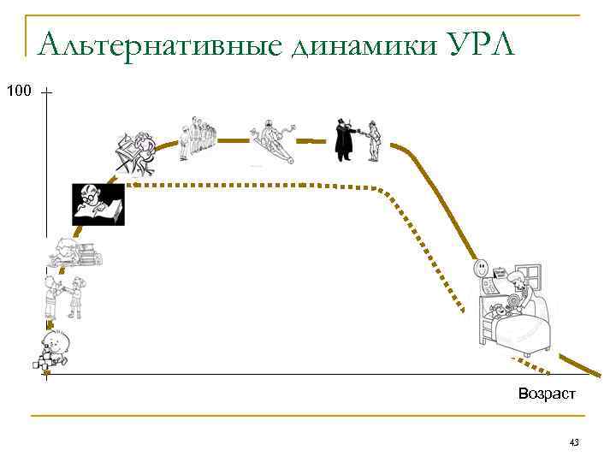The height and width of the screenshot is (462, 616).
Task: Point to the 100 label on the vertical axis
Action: [x=18, y=90]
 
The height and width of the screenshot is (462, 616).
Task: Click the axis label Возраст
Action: [x=547, y=394]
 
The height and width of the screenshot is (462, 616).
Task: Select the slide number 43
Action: [x=574, y=442]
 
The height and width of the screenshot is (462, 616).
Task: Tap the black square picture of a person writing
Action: [x=98, y=204]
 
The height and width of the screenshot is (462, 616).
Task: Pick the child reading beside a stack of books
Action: [x=75, y=252]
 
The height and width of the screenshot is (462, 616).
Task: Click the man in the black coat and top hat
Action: [x=344, y=139]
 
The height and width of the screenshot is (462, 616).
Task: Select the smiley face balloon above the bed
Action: [x=482, y=270]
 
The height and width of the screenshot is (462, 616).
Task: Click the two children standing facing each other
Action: [x=63, y=297]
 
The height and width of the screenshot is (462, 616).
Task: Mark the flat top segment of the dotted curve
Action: [x=257, y=185]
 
